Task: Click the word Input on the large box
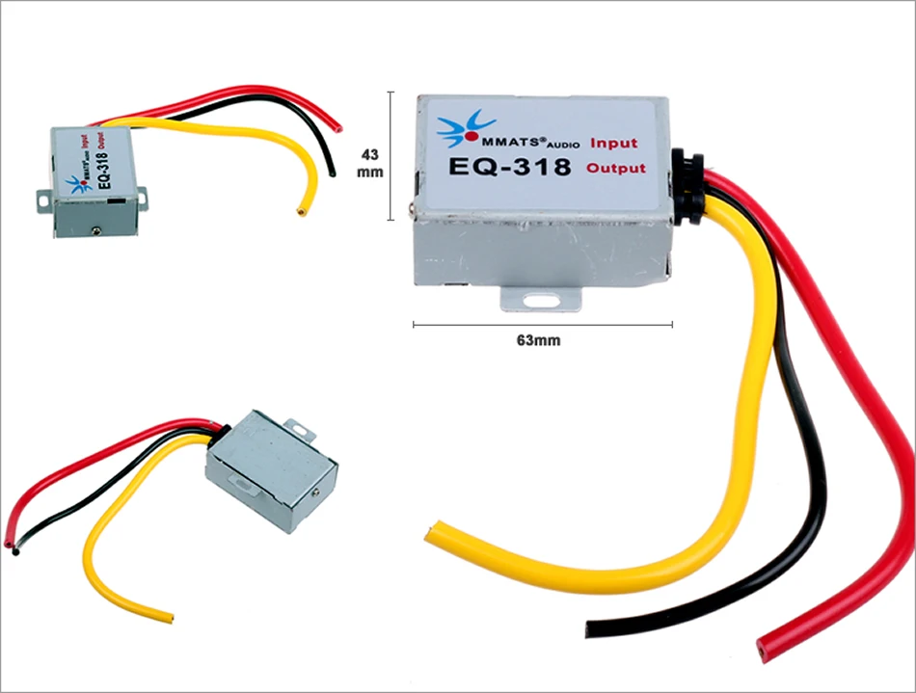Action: pyautogui.click(x=613, y=144)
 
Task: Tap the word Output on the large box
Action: pyautogui.click(x=615, y=169)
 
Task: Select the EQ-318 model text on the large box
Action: pyautogui.click(x=509, y=167)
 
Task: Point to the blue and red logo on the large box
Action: pyautogui.click(x=460, y=130)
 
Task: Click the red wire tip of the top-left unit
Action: pyautogui.click(x=338, y=124)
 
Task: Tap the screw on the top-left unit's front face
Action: pyautogui.click(x=97, y=228)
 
